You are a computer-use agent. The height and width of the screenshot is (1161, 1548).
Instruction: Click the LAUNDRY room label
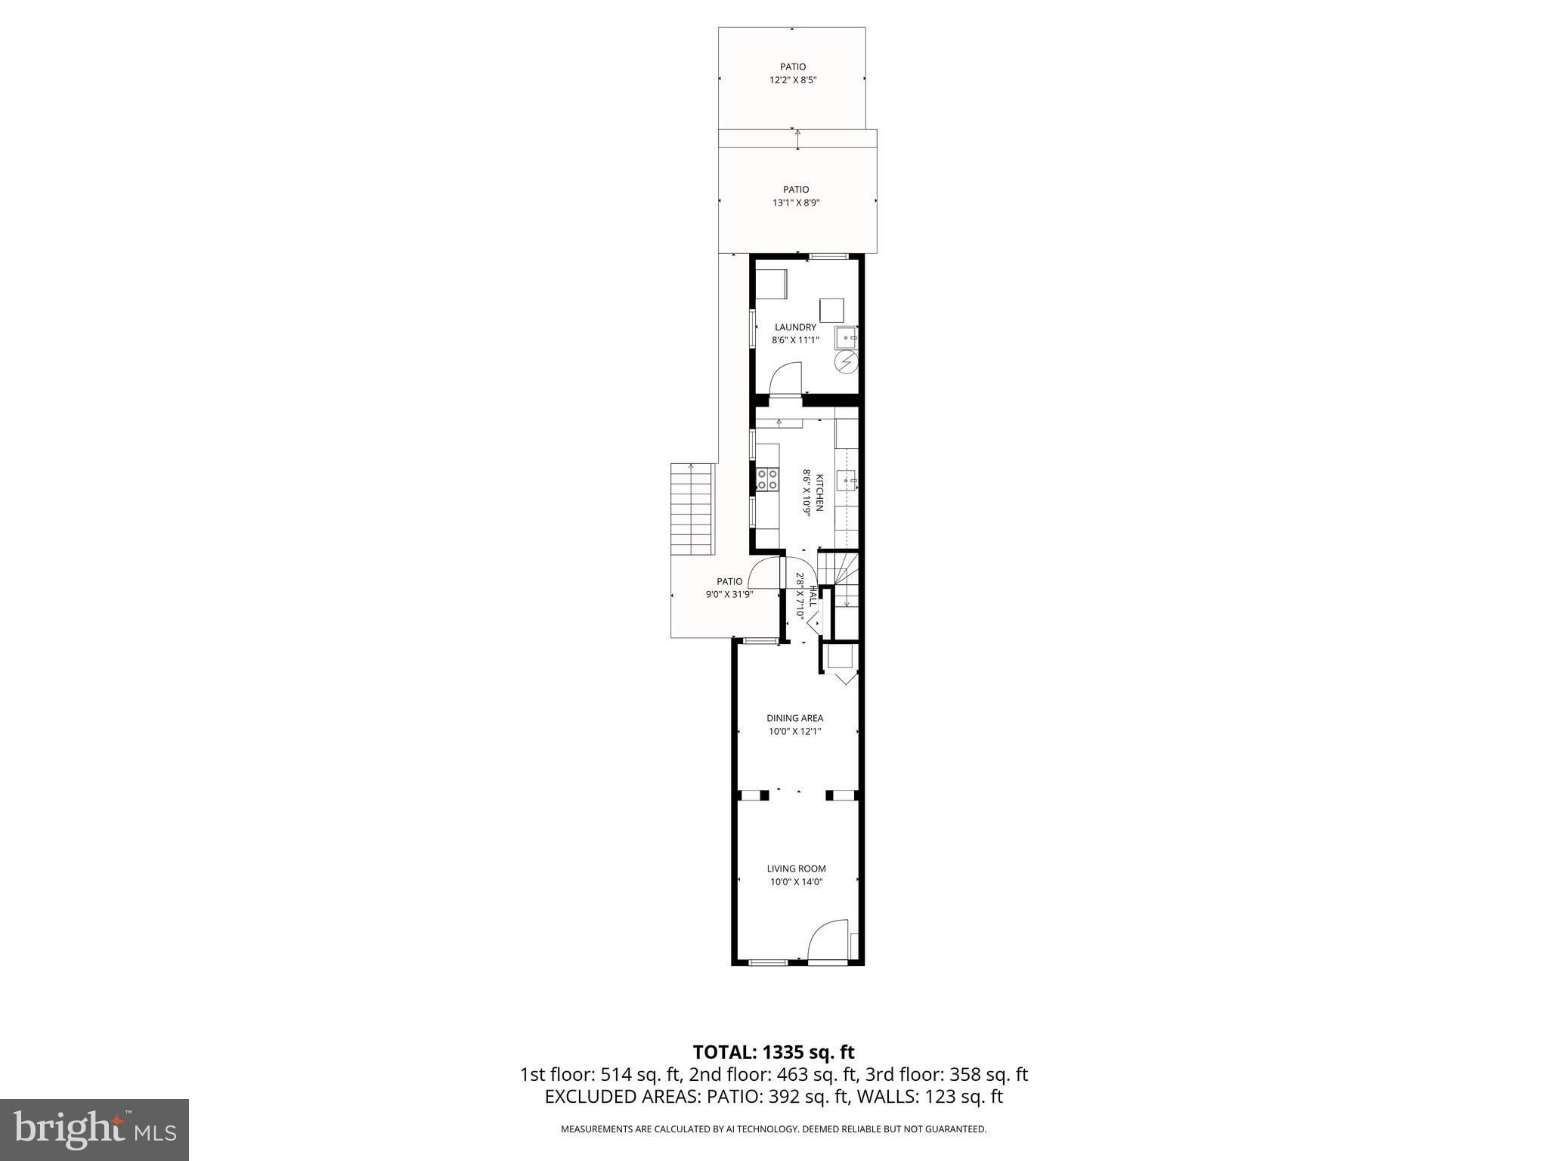pyautogui.click(x=795, y=327)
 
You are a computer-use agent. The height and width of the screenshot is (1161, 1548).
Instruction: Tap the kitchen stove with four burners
pyautogui.click(x=768, y=479)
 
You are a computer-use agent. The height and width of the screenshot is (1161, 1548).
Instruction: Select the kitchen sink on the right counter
pyautogui.click(x=848, y=479)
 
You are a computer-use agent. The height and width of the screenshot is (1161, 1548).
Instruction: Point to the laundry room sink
pyautogui.click(x=846, y=337)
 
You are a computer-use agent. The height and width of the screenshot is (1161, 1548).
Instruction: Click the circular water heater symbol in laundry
pyautogui.click(x=847, y=363)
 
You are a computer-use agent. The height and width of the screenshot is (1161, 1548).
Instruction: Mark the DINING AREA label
pyautogui.click(x=794, y=718)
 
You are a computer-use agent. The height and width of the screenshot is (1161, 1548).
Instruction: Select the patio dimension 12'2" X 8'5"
pyautogui.click(x=793, y=79)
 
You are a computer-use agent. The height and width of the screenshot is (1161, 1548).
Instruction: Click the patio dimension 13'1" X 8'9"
pyautogui.click(x=795, y=203)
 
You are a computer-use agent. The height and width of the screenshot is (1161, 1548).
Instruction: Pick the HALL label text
pyautogui.click(x=813, y=596)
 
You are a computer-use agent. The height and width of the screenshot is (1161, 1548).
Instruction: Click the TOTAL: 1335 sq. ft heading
pyautogui.click(x=773, y=1052)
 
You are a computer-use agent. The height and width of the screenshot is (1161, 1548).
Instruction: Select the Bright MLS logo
pyautogui.click(x=94, y=1130)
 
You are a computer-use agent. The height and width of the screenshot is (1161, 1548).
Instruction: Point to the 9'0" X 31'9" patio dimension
pyautogui.click(x=729, y=595)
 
